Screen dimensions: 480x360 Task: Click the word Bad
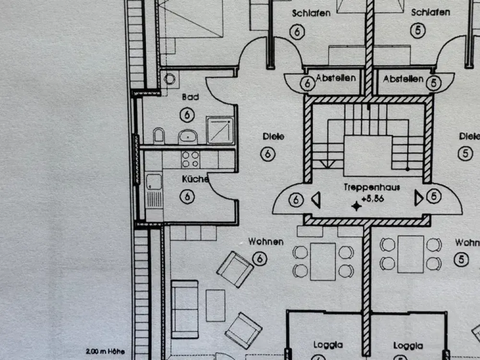coord(191,97)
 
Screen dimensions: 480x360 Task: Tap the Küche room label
coord(195,179)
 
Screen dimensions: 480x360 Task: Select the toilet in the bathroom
coord(158,136)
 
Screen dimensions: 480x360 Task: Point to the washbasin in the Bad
coord(188,136)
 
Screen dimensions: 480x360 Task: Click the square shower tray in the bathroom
coord(220,130)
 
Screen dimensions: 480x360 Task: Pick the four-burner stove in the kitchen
coord(191,159)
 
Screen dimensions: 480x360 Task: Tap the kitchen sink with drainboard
coord(154,191)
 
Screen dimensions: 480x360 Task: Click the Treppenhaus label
coord(372,187)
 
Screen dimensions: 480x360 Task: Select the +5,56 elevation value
coord(372,199)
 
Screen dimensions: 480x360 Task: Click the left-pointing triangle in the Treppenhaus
coord(316,200)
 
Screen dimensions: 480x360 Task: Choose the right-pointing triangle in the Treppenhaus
coord(419,198)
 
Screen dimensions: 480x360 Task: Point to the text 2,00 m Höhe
coord(105,351)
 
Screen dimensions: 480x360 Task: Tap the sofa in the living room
coord(185,309)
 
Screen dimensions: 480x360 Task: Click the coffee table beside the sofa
coord(216,305)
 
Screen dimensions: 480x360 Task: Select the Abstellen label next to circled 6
coord(336,78)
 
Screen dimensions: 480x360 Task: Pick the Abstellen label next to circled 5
coord(403,79)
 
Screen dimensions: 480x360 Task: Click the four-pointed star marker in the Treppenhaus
coord(356,206)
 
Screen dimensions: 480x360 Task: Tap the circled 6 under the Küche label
coord(187,196)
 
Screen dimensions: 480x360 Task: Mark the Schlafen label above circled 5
coord(431,12)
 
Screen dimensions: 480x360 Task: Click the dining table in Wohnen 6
coord(323,262)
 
